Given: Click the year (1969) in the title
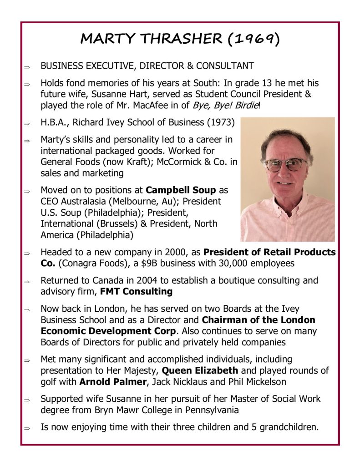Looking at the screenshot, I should [253, 39].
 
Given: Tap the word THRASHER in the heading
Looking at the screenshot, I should [184, 39].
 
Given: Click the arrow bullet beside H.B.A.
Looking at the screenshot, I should [27, 123].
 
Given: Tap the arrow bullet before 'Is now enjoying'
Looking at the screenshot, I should [27, 428].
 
